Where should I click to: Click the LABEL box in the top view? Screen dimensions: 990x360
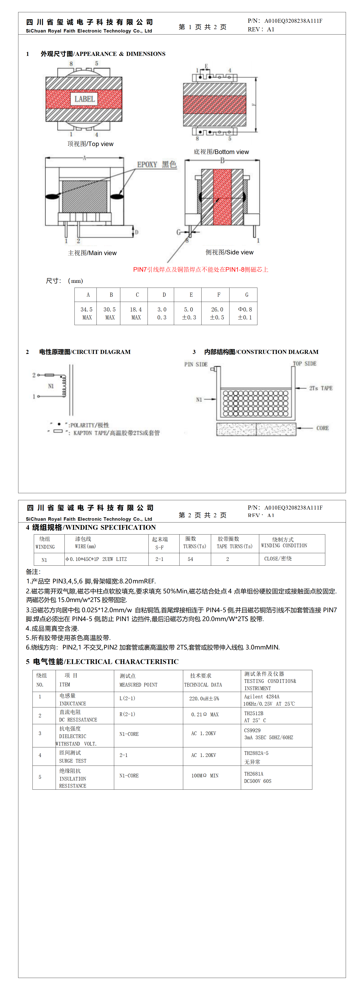pyautogui.click(x=84, y=99)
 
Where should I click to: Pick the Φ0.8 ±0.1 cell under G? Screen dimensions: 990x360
pyautogui.click(x=245, y=313)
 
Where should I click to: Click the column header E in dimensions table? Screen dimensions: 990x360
pyautogui.click(x=191, y=295)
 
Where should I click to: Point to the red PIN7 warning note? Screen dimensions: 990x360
pyautogui.click(x=201, y=269)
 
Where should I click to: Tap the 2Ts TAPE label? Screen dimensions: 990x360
pyautogui.click(x=321, y=388)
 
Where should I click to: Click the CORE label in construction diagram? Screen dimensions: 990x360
pyautogui.click(x=322, y=428)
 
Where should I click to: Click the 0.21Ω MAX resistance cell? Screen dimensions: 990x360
pyautogui.click(x=205, y=714)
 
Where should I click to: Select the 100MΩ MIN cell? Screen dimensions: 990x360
pyautogui.click(x=205, y=776)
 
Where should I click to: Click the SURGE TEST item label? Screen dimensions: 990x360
pyautogui.click(x=73, y=761)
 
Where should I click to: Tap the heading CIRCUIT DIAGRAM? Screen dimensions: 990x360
pyautogui.click(x=85, y=352)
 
